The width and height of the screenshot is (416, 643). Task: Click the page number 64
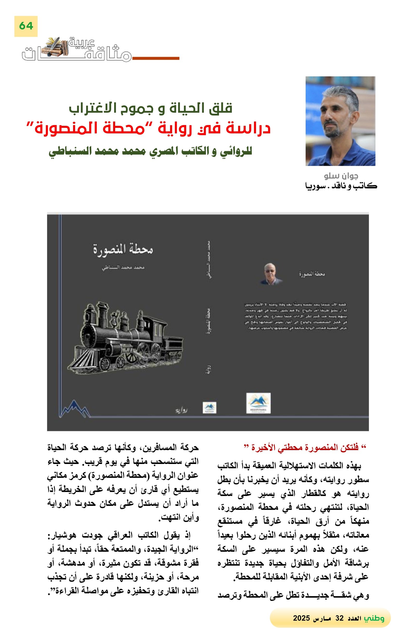[x=26, y=26]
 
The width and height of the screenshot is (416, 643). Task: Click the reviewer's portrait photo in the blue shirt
[x=340, y=121]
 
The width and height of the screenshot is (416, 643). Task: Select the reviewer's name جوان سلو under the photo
[x=341, y=176]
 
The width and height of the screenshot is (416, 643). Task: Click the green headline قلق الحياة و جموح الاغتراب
[x=150, y=108]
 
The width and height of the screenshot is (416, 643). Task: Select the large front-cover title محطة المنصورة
[x=123, y=249]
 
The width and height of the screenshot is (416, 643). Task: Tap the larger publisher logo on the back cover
[x=258, y=403]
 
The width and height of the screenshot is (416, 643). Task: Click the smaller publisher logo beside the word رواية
[x=210, y=408]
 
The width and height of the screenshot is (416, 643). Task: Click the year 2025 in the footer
[x=301, y=618]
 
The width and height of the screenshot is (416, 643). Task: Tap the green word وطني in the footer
[x=374, y=618]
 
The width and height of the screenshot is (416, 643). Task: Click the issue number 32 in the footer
[x=339, y=618]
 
